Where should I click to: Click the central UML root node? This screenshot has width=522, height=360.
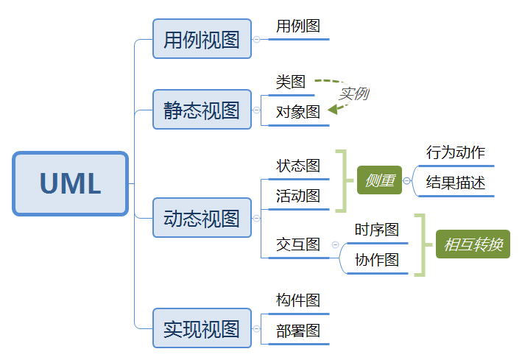coord(70,184)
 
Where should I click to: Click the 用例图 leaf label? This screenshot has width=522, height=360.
coord(298,27)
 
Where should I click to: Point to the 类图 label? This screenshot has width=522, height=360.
coord(291,82)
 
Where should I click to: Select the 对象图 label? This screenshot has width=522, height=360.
coord(298,113)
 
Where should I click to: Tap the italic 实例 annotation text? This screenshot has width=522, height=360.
coord(353,94)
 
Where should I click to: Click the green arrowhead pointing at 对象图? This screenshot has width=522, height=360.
coord(333,109)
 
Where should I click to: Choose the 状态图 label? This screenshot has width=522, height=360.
coord(298,166)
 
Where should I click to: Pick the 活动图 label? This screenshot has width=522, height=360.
coord(298,196)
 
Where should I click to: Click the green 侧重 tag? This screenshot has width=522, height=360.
coord(379,180)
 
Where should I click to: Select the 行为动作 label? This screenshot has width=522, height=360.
coord(456,153)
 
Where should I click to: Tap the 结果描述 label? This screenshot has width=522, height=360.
coord(456,183)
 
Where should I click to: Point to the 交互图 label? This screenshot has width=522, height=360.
coord(298,244)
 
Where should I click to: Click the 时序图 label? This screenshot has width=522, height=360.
coord(376,230)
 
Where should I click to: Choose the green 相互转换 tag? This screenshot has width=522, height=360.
coord(473,244)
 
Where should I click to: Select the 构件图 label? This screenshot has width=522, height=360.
coord(298,300)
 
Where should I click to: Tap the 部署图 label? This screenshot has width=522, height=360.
coord(298,331)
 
